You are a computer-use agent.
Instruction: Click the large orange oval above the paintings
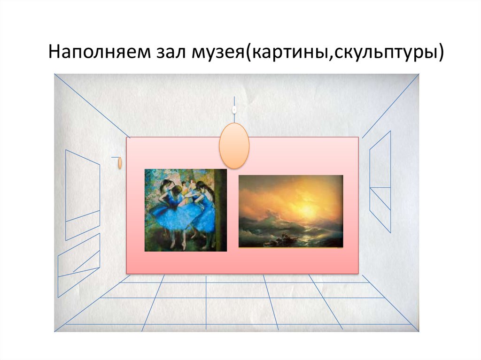click(234, 146)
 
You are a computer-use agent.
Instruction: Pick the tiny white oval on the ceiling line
click(233, 109)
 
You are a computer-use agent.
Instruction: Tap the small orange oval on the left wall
click(120, 163)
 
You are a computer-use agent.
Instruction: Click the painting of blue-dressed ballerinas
click(185, 210)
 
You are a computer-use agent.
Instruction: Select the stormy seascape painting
click(291, 211)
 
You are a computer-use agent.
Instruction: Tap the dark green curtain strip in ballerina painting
click(221, 207)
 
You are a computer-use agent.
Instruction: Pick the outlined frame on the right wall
click(380, 181)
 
